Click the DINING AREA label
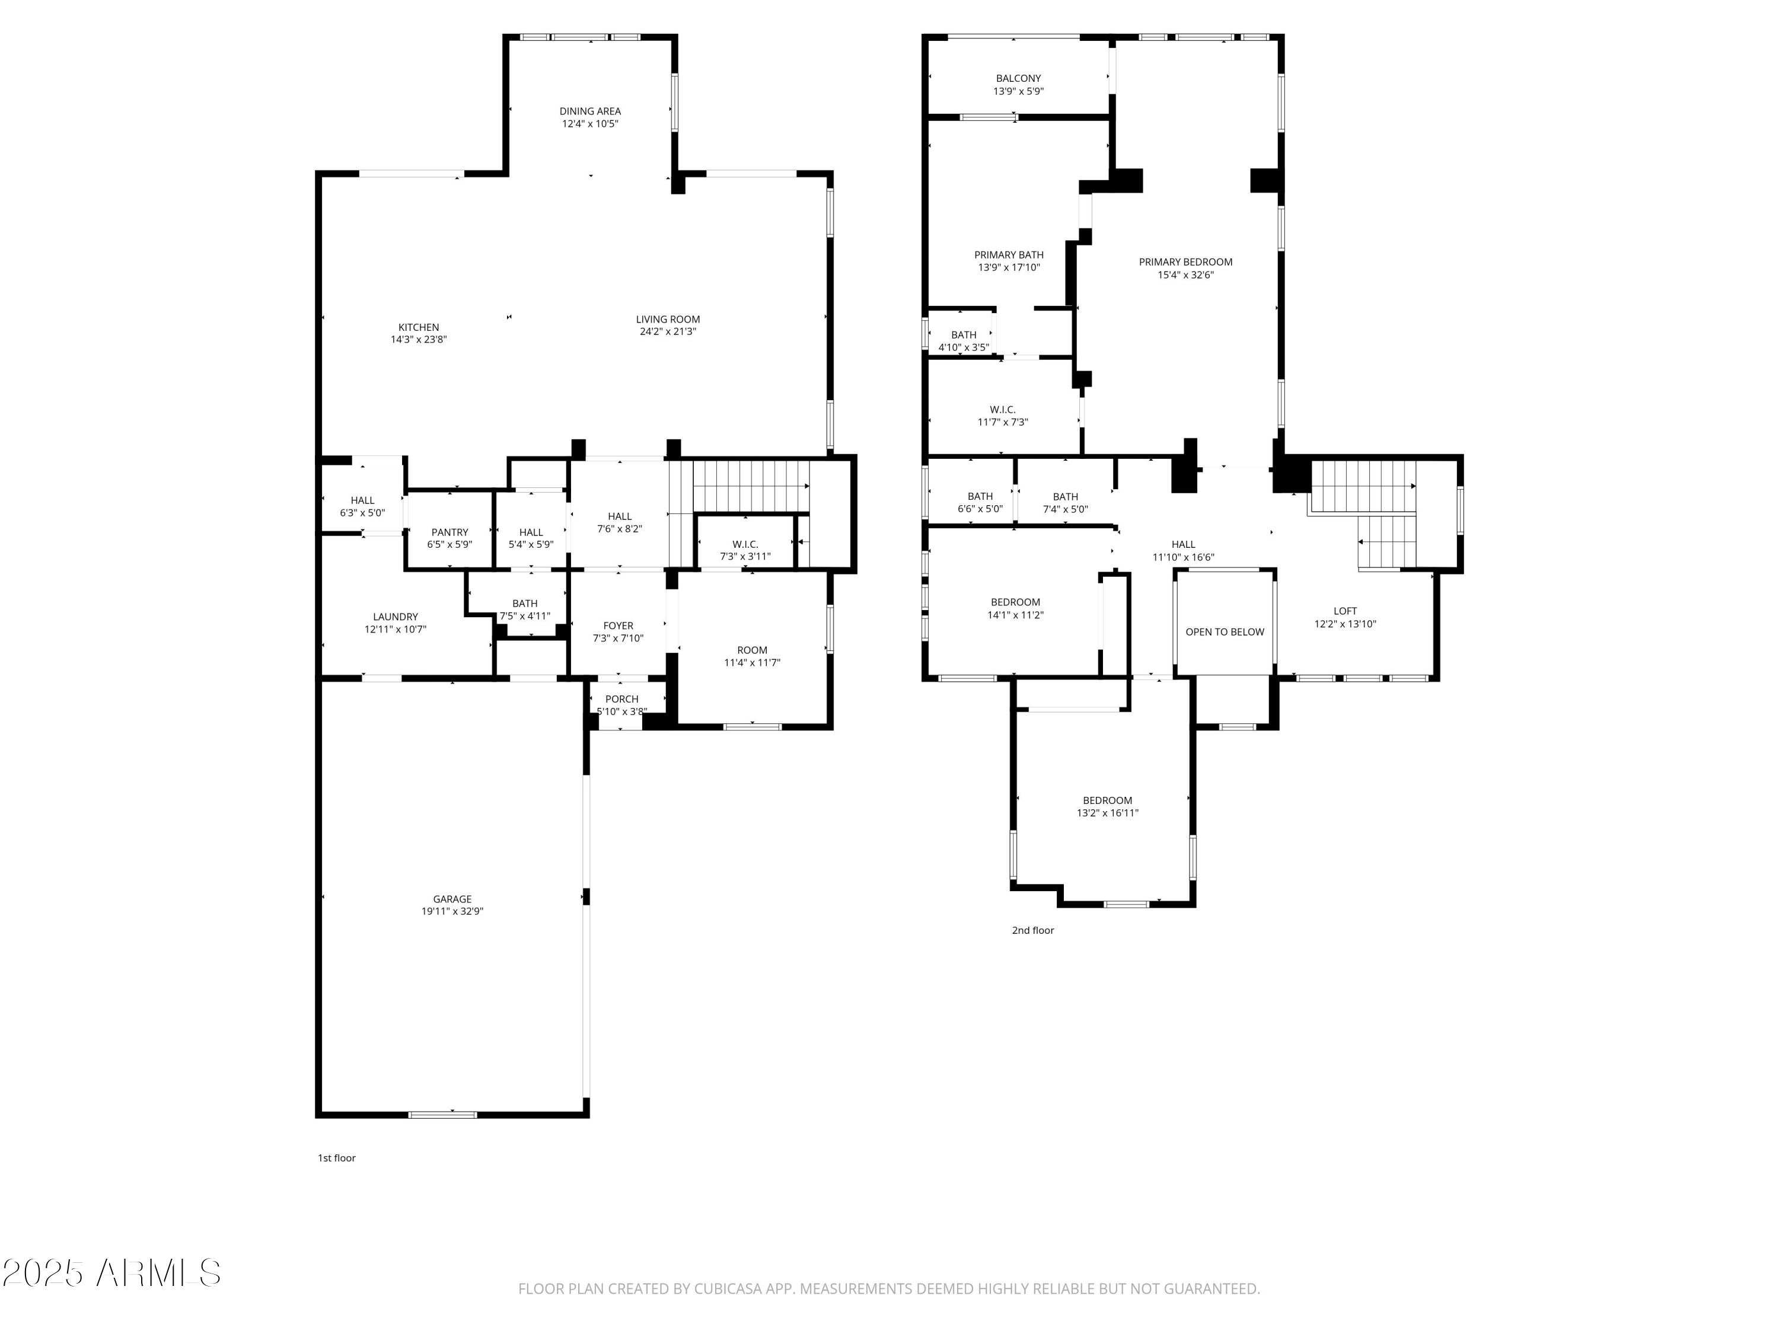coord(589,111)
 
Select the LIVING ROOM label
coord(668,319)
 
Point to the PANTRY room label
coord(449,532)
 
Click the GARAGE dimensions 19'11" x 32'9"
coord(452,911)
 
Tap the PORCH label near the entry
coord(621,699)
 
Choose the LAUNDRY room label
coord(395,617)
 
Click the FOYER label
coord(618,625)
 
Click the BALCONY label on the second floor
coord(1018,78)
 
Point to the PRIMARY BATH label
coord(1009,255)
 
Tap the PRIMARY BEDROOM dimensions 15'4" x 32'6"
coord(1185,275)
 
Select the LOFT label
coord(1345,611)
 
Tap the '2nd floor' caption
coord(1032,930)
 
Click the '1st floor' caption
coord(336,1158)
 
